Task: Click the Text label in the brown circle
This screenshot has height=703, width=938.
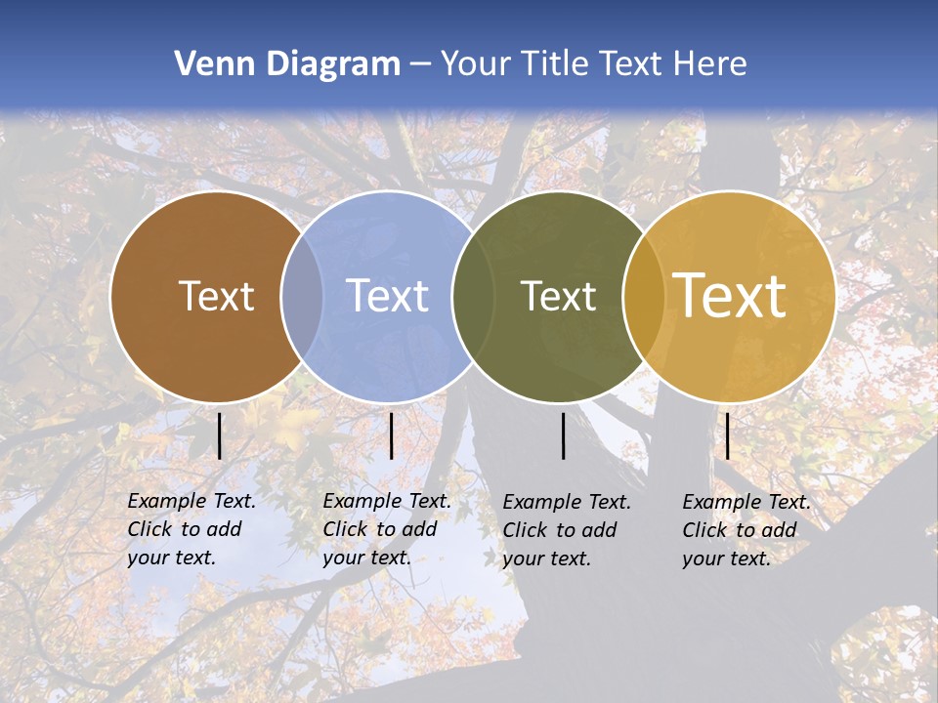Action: tap(216, 296)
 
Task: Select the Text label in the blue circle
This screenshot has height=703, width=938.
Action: tap(388, 296)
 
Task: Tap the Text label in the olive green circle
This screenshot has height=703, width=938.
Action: tap(558, 296)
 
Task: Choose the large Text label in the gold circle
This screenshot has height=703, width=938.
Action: tap(730, 295)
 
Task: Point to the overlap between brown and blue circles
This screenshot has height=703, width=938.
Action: tap(302, 296)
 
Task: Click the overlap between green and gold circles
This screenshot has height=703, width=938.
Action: tap(644, 296)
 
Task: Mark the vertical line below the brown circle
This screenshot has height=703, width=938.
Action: tap(220, 435)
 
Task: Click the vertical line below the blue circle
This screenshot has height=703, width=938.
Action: tap(391, 435)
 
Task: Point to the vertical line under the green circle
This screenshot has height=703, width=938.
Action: tap(564, 435)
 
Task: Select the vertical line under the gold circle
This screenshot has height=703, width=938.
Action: tap(727, 435)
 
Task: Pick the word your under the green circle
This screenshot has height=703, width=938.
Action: tap(524, 558)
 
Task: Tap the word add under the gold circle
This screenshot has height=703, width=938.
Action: tap(780, 530)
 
